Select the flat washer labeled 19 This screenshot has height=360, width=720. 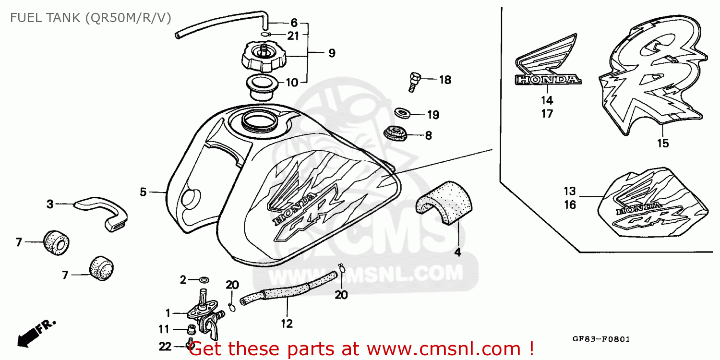coord(403,113)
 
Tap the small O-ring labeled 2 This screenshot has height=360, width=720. coord(204,280)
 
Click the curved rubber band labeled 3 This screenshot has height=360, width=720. coord(103,211)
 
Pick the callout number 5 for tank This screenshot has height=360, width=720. coord(143,192)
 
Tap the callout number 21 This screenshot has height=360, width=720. coord(293,36)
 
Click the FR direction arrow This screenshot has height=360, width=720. coord(36,332)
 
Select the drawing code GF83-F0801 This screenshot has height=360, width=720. coord(601,339)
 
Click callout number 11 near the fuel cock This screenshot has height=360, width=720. coord(164,329)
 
